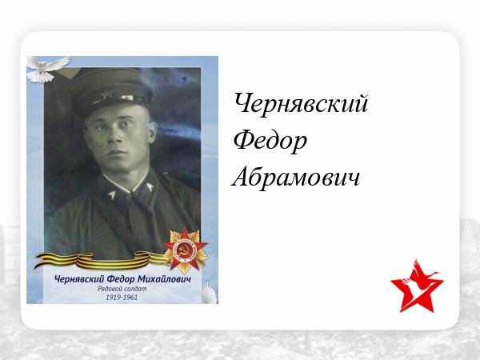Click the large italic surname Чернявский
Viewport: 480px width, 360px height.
tap(301, 104)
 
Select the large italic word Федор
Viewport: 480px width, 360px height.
tap(270, 141)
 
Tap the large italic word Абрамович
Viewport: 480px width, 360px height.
tap(295, 177)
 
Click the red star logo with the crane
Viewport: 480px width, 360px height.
tap(417, 286)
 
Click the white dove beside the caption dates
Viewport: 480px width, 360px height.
tap(210, 294)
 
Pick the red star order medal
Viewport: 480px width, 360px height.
tap(185, 250)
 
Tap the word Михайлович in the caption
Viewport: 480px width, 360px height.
tap(164, 279)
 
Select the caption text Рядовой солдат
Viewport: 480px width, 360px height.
tap(122, 289)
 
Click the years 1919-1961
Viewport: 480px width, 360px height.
tap(122, 298)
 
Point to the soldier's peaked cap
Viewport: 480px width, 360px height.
tap(111, 91)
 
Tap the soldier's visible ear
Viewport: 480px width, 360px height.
tap(151, 132)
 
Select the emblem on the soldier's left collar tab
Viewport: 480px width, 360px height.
tap(150, 186)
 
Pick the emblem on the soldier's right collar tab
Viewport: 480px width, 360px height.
tap(112, 194)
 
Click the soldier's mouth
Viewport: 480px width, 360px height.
tap(116, 152)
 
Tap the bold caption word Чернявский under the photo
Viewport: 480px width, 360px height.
tap(80, 279)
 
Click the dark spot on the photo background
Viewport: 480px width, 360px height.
tap(184, 78)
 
